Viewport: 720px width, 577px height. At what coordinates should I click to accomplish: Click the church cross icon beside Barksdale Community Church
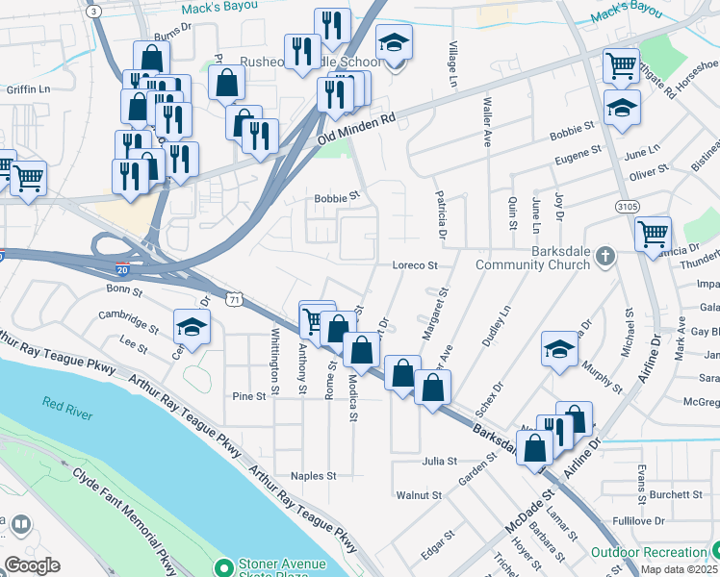coord(604,256)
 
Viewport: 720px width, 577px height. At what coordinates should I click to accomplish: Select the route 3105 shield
coord(627,207)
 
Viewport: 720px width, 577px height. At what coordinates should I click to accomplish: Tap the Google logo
coord(32,565)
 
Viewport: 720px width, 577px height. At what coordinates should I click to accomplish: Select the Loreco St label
coord(415,264)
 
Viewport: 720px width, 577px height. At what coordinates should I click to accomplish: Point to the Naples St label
coord(314,476)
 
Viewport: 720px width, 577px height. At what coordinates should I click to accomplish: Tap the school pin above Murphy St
coord(560,350)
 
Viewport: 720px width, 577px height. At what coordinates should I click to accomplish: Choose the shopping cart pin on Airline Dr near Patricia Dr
coord(654,234)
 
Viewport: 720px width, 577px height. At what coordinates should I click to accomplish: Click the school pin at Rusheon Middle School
coord(394,43)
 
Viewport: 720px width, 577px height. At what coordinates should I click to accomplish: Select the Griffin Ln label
coord(28,89)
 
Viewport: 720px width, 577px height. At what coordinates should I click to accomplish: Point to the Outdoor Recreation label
coord(649,553)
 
